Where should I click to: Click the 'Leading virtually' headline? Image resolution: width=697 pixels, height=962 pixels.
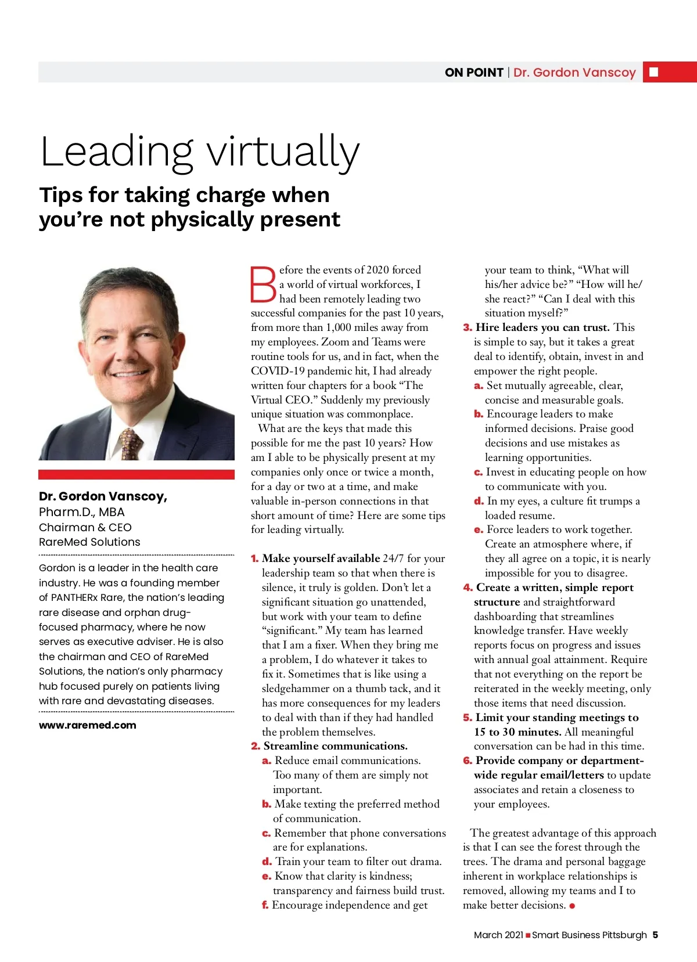pyautogui.click(x=200, y=152)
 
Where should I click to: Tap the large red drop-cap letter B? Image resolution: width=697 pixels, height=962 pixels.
pyautogui.click(x=263, y=284)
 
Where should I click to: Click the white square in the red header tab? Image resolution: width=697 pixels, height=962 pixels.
pyautogui.click(x=653, y=72)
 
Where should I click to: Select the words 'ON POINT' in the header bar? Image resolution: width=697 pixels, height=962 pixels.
pyautogui.click(x=474, y=73)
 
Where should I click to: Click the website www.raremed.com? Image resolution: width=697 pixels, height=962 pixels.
pyautogui.click(x=88, y=725)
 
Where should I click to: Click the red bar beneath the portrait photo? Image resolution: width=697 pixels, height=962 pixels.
pyautogui.click(x=136, y=474)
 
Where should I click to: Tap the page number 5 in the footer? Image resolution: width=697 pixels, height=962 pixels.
pyautogui.click(x=655, y=935)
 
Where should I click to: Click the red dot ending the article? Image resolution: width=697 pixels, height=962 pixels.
pyautogui.click(x=572, y=906)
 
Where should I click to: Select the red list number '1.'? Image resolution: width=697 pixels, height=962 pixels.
pyautogui.click(x=254, y=559)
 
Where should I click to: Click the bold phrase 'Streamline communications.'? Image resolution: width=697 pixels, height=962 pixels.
pyautogui.click(x=335, y=746)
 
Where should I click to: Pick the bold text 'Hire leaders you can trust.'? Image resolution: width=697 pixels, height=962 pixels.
pyautogui.click(x=542, y=327)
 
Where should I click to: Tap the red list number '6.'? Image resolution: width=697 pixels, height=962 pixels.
pyautogui.click(x=468, y=761)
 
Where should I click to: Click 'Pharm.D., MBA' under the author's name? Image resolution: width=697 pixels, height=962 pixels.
pyautogui.click(x=82, y=512)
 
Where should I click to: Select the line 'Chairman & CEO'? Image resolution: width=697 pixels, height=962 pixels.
pyautogui.click(x=85, y=527)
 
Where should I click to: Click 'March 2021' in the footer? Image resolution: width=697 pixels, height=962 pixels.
pyautogui.click(x=498, y=935)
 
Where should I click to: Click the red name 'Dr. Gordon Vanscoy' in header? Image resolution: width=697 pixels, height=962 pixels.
pyautogui.click(x=574, y=73)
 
